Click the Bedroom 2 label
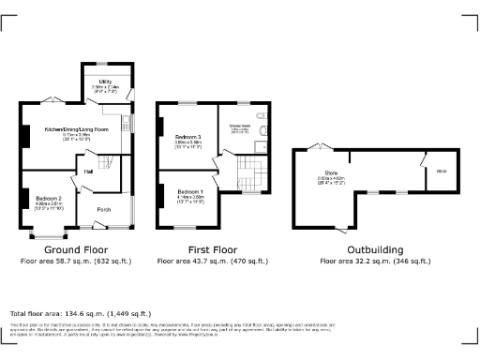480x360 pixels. pos(49,199)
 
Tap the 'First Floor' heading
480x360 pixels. pos(213,250)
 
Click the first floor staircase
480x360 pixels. pos(249,170)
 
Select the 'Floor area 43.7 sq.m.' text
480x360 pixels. pos(213,262)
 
